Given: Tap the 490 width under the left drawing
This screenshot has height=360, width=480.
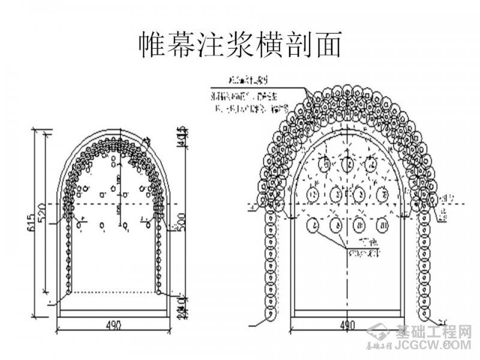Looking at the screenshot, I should coord(113,325).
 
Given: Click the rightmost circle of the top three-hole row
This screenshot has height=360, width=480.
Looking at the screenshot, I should coord(372,163).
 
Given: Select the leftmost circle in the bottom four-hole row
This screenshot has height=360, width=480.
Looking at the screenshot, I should coord(313,225).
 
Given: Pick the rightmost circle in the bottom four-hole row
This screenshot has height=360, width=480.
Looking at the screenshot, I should coord(382,225).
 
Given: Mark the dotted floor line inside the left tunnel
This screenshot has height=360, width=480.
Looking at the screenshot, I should coord(113,292).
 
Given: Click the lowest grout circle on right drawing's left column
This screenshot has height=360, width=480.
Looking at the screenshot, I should coord(269,312).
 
